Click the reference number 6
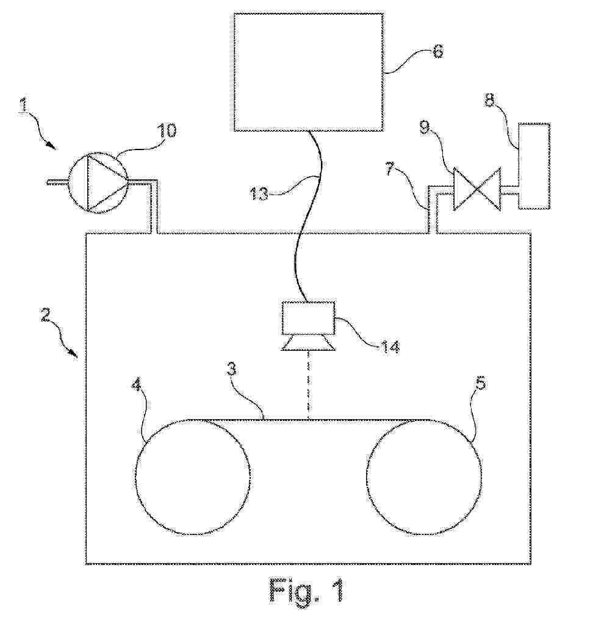pos(439,51)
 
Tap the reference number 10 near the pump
pos(167,131)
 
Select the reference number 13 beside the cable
pos(259,194)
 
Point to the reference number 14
pos(390,346)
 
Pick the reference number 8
pos(490,100)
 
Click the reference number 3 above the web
pos(232,368)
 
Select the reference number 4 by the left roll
pos(137,386)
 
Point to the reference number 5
pos(481,383)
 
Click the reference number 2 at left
pos(45,314)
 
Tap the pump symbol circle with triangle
pos(98,182)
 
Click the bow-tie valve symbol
pos(477,189)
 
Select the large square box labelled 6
pos(308,72)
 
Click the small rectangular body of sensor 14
pos(308,318)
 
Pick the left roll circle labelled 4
pos(193,477)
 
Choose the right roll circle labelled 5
pos(423,477)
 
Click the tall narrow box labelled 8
pos(534,166)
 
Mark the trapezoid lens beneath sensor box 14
pos(308,343)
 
